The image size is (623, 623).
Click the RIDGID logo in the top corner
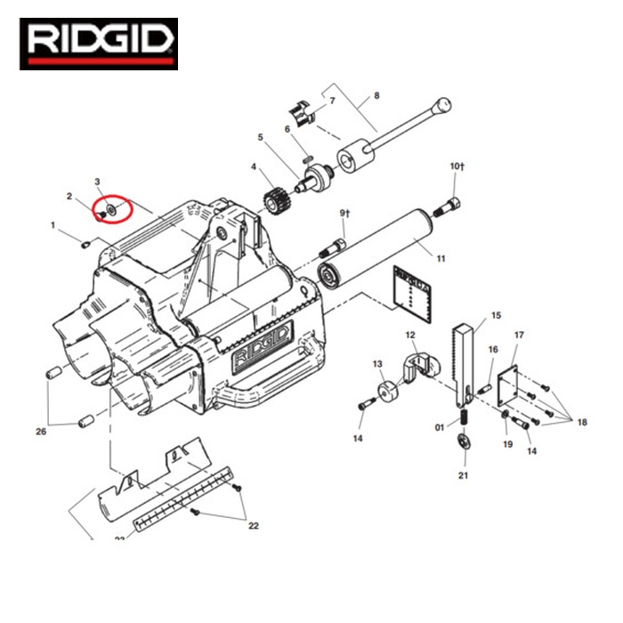[x=99, y=44]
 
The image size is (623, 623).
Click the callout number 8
[x=376, y=95]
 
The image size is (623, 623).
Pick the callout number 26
[x=41, y=432]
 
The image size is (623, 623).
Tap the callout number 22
[x=254, y=526]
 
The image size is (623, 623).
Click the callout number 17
[x=520, y=336]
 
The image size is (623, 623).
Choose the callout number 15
[x=497, y=315]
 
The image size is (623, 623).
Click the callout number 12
[x=410, y=336]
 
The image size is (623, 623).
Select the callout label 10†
[x=457, y=166]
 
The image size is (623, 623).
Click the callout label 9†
[x=346, y=213]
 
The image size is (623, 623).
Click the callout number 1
[x=53, y=225]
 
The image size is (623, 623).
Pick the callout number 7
[x=332, y=101]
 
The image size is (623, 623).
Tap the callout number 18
[x=582, y=422]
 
